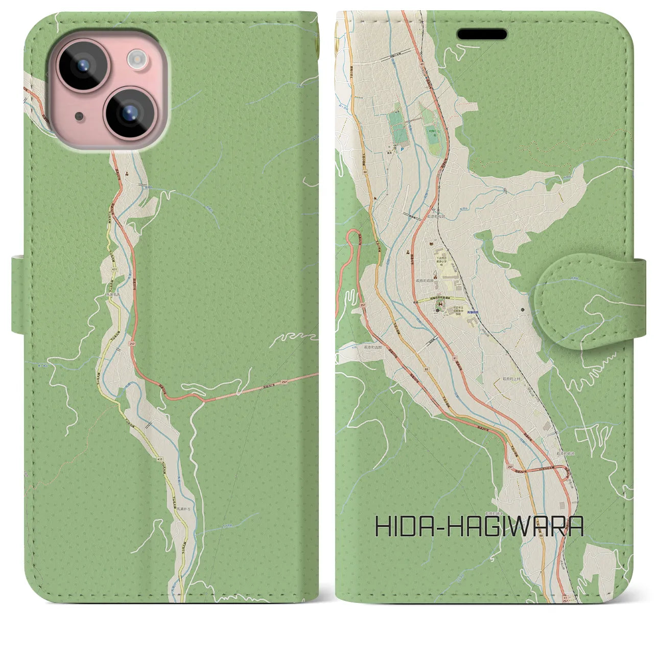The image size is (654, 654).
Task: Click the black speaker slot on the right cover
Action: (482, 34)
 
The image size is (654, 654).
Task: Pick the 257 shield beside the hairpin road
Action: (362, 305)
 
